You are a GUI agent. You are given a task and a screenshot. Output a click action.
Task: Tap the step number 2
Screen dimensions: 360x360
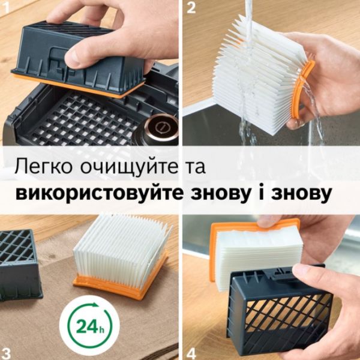[191, 7]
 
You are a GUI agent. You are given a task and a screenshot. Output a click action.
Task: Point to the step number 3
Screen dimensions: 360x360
[5, 353]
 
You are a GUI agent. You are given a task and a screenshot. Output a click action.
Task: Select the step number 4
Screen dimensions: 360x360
[191, 353]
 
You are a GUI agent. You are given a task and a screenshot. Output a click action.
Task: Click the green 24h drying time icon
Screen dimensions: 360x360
[89, 326]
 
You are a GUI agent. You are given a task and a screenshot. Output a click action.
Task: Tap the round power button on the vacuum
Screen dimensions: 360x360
[160, 126]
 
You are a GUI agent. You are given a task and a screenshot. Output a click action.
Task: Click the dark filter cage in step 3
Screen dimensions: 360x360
[20, 265]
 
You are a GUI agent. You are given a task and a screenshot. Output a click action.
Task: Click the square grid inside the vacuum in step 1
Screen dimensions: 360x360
[83, 119]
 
